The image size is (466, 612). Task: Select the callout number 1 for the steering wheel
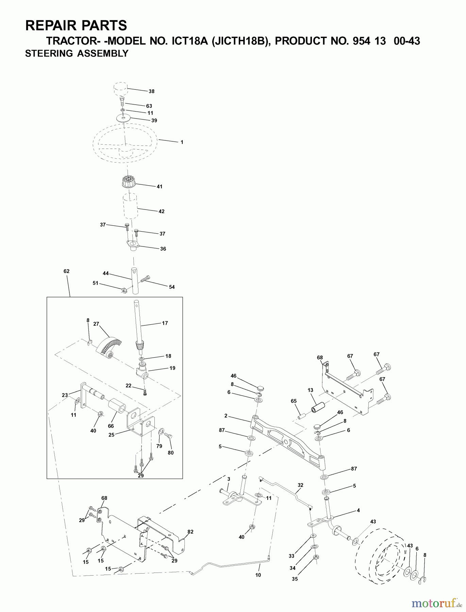click(x=182, y=142)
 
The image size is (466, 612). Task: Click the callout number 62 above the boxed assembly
click(x=66, y=271)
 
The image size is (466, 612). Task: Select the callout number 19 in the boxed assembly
click(x=172, y=368)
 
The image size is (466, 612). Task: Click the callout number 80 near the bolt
click(x=170, y=453)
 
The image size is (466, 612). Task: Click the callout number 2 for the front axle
click(x=226, y=416)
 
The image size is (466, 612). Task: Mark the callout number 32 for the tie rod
click(x=300, y=485)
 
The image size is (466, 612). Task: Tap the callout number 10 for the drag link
click(x=258, y=575)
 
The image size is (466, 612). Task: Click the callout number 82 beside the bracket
click(x=190, y=532)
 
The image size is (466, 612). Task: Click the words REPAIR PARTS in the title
click(x=76, y=26)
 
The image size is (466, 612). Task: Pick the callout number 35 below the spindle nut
click(x=295, y=579)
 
